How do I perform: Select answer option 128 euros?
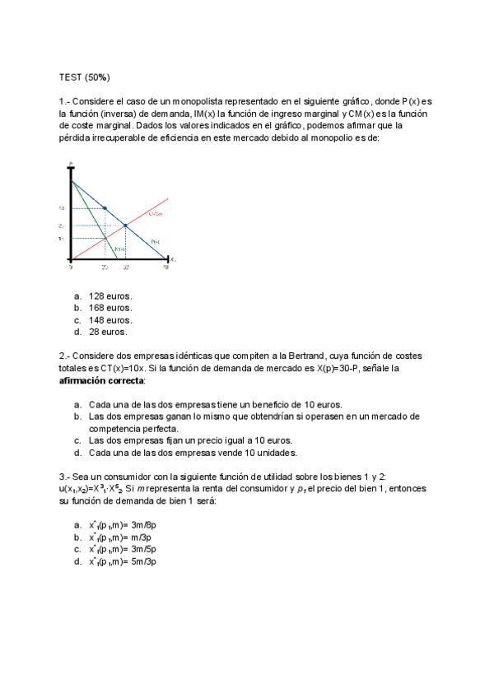[x=110, y=295]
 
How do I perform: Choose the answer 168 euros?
[x=110, y=308]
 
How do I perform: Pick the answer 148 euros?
[x=110, y=320]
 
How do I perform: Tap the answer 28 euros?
[x=108, y=333]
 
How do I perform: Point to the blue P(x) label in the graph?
[x=155, y=241]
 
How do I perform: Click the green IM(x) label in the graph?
[x=120, y=249]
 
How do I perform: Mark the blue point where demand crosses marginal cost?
[x=125, y=225]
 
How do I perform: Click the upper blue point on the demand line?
[x=105, y=208]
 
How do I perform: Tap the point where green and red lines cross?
[x=105, y=239]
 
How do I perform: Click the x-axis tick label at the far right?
[x=165, y=268]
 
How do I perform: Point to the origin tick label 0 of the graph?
[x=71, y=268]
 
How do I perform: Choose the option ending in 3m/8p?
[x=123, y=524]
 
